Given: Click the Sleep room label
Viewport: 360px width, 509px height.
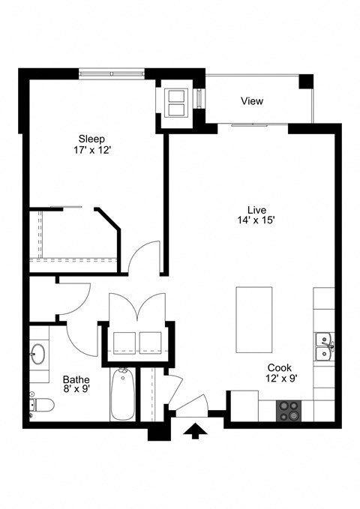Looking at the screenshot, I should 92,139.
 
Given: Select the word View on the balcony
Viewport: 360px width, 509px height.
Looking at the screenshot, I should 252,101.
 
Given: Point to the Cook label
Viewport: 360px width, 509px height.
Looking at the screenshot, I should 280,368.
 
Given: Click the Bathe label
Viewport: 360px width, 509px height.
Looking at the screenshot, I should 76,379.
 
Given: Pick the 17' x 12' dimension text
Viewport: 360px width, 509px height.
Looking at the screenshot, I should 92,150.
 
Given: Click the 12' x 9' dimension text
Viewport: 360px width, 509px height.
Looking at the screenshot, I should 280,379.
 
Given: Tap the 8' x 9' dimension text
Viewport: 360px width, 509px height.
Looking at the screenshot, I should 76,389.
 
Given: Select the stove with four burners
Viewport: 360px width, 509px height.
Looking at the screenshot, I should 289,409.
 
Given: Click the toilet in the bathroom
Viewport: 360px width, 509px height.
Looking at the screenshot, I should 41,406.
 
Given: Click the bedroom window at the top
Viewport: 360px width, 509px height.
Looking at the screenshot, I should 112,73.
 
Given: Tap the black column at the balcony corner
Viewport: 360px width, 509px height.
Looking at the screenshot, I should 305,81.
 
